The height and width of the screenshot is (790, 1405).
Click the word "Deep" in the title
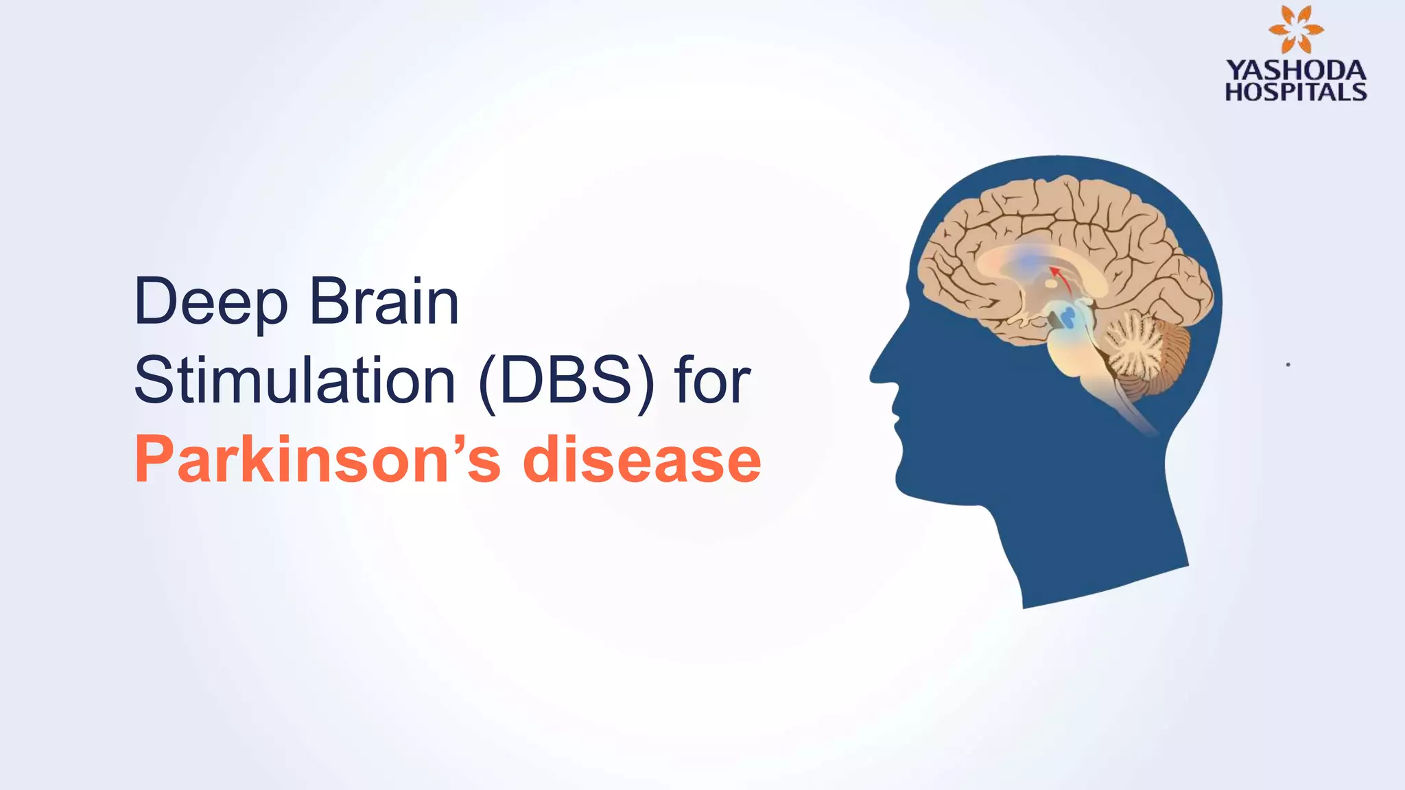(211, 302)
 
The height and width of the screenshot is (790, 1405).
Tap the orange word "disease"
(641, 459)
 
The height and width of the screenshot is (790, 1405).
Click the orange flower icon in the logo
(1296, 29)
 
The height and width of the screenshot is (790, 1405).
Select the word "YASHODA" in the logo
(1296, 70)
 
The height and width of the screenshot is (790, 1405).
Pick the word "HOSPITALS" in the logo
(1296, 92)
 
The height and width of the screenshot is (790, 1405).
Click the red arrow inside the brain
(1063, 278)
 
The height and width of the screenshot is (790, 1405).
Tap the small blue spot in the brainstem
(1067, 316)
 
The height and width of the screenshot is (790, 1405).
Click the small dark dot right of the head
(1288, 365)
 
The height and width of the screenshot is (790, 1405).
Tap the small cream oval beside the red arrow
(1050, 283)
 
